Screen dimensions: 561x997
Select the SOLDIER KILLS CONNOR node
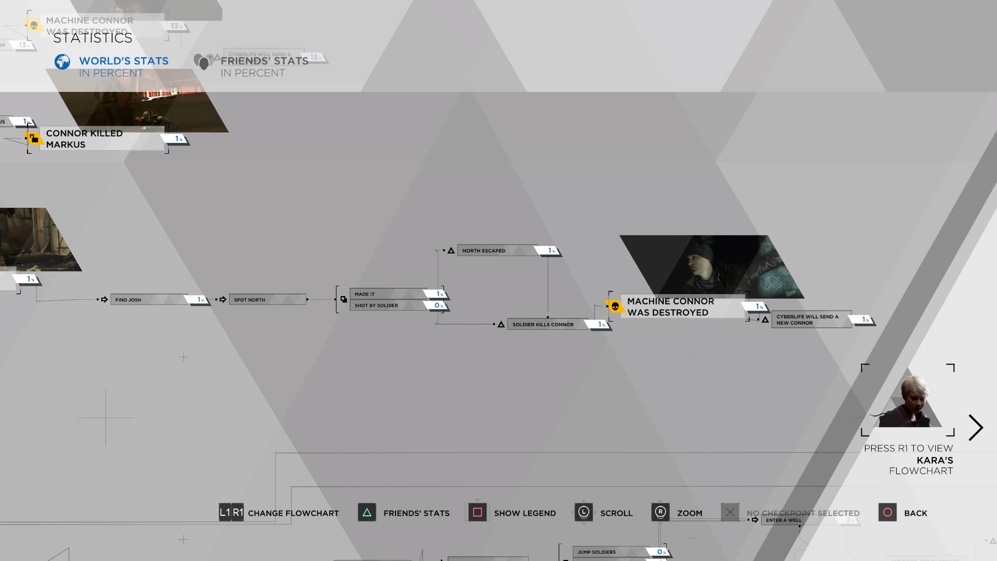[x=548, y=325]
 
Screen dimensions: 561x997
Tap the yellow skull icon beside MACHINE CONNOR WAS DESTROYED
[x=615, y=306]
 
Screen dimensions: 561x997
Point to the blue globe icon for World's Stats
[x=62, y=62]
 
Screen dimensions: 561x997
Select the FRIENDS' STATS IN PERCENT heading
[x=264, y=66]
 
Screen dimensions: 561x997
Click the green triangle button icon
[x=367, y=513]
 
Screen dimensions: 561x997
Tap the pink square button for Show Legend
[x=477, y=513]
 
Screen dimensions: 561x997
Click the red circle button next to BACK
[x=887, y=513]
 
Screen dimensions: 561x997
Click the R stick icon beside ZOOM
[x=661, y=513]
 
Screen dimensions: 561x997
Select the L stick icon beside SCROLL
[x=584, y=513]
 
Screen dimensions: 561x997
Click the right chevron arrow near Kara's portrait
[x=976, y=428]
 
